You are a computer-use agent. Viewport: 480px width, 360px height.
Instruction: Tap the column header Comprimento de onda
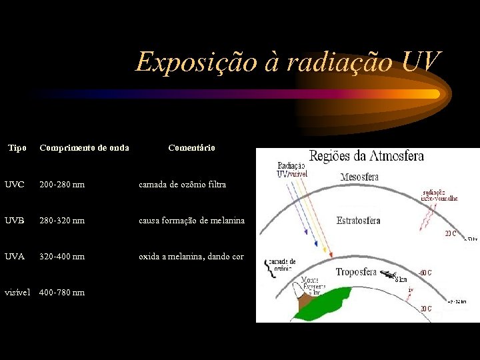[84, 147]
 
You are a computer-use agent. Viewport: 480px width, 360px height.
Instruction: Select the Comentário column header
[191, 147]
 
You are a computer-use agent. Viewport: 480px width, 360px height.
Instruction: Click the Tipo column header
[17, 147]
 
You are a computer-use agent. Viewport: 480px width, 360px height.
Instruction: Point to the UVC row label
[14, 183]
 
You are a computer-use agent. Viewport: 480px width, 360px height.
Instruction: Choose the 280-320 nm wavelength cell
[62, 220]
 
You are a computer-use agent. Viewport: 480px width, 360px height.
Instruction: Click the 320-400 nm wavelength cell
[62, 256]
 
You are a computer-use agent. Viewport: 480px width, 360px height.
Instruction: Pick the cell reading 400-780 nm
[62, 292]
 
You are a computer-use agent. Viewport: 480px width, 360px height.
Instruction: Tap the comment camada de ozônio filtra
[182, 183]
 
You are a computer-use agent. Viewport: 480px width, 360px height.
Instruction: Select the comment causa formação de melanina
[191, 220]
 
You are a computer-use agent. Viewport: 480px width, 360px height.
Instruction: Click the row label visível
[17, 292]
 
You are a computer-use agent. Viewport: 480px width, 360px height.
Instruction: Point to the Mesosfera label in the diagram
[359, 177]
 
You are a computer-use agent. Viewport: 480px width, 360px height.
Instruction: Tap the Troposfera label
[356, 272]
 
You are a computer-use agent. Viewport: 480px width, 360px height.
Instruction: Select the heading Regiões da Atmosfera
[366, 157]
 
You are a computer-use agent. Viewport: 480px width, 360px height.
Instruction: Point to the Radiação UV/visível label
[291, 170]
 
